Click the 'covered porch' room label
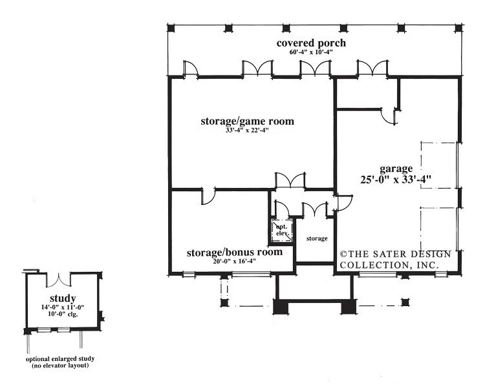[x=311, y=43]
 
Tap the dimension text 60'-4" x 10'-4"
[x=311, y=52]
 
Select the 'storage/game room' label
[x=247, y=121]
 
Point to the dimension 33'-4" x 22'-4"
[x=247, y=130]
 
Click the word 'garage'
[x=396, y=169]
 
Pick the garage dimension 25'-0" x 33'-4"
[x=396, y=180]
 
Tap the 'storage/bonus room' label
[x=235, y=253]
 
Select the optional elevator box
[x=282, y=230]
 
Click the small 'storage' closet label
[x=317, y=238]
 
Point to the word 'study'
[x=63, y=298]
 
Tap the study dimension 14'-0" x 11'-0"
[x=63, y=307]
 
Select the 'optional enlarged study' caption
[x=60, y=359]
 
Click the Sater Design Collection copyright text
[x=396, y=260]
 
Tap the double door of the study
[x=58, y=280]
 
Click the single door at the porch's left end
[x=191, y=68]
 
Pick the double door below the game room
[x=290, y=180]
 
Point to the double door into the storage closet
[x=315, y=209]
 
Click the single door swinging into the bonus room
[x=208, y=196]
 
